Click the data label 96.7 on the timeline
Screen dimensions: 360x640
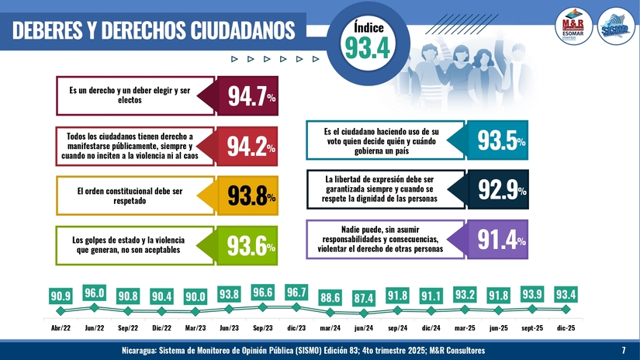[x=296, y=293]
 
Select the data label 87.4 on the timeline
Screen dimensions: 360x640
[x=363, y=298]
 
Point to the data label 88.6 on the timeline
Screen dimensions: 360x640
[x=330, y=297]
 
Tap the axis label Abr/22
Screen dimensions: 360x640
[x=61, y=329]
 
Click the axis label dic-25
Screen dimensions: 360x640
[x=565, y=329]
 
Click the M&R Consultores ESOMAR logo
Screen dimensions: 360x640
[x=575, y=27]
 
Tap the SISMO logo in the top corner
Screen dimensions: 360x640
[x=617, y=27]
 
